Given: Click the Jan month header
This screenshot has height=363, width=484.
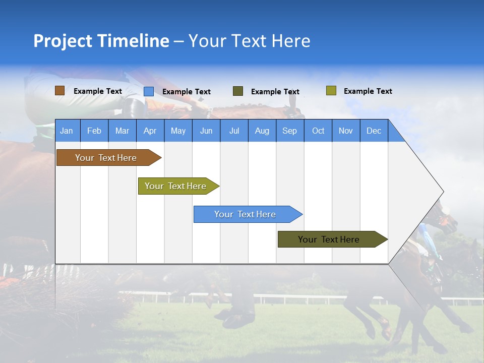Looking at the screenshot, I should pos(67,131).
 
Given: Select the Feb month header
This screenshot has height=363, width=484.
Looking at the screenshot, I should pos(94,131).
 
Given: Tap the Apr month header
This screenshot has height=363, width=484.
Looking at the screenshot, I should pos(150,131).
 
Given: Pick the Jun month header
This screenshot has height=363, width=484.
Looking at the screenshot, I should pos(206,131).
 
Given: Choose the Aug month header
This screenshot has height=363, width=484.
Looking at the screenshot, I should pos(262,131).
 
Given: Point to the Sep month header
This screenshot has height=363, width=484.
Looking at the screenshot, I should pos(289,131).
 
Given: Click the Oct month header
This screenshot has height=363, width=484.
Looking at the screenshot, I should pos(318,131).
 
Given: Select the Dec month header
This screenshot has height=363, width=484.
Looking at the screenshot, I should pos(374,131).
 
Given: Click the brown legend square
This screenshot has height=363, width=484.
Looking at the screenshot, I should pos(60,91).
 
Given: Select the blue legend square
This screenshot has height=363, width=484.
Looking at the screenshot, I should pos(149,91).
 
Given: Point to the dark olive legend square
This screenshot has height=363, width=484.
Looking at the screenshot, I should pos(238,91).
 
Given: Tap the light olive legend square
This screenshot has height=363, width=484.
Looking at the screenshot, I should pos(331,91).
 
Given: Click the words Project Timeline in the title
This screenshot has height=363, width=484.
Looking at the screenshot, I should pos(101,41).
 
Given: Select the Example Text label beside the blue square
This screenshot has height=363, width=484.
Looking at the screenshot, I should pos(187,92).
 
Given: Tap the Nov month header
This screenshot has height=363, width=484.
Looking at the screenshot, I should pos(346,131).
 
